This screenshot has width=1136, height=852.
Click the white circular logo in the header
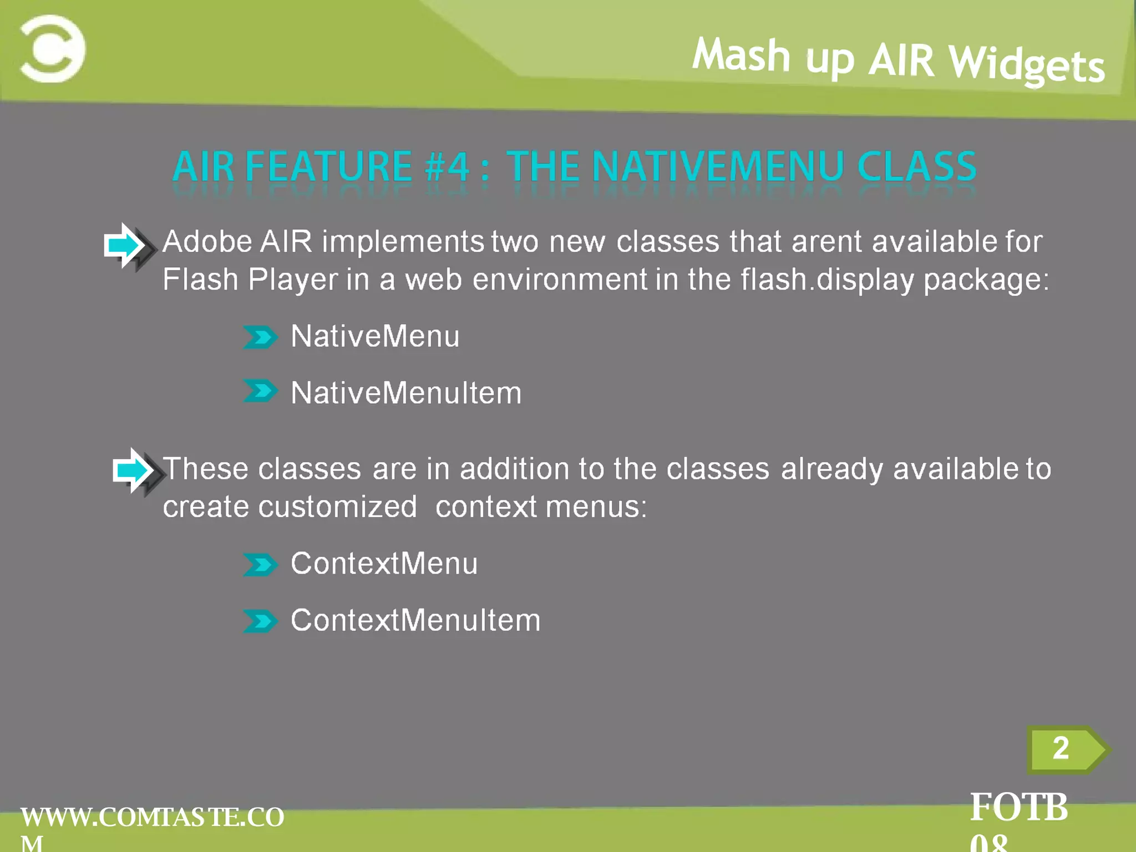pyautogui.click(x=53, y=49)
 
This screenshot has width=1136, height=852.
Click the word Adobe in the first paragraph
pyautogui.click(x=207, y=242)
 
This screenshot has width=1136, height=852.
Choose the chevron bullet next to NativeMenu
pyautogui.click(x=260, y=337)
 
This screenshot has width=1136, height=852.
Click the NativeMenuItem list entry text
pyautogui.click(x=406, y=393)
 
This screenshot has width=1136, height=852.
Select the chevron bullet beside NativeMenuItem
pyautogui.click(x=260, y=391)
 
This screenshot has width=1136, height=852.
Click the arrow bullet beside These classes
pyautogui.click(x=136, y=471)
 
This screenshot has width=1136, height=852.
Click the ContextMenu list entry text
pyautogui.click(x=384, y=564)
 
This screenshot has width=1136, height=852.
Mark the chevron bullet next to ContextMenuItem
pyautogui.click(x=260, y=621)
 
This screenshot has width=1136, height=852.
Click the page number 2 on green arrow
pyautogui.click(x=1061, y=749)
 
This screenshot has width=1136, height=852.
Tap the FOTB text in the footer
pyautogui.click(x=1018, y=808)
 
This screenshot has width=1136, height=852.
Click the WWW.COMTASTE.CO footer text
pyautogui.click(x=152, y=818)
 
